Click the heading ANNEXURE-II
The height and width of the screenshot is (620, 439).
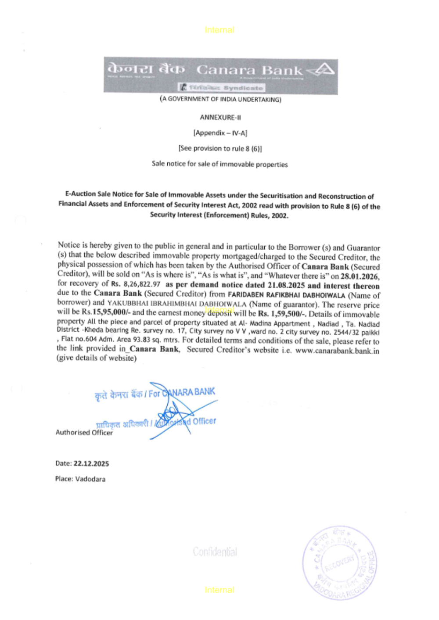(x=220, y=117)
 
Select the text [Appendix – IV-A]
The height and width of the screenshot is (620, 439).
(x=220, y=133)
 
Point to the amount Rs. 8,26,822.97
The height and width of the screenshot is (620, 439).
(x=135, y=284)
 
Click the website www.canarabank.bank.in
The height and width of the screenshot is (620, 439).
(x=337, y=351)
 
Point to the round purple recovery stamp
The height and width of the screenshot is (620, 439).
(x=339, y=563)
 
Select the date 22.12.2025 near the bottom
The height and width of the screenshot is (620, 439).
(x=91, y=463)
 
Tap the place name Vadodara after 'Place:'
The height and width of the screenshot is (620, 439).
(x=90, y=479)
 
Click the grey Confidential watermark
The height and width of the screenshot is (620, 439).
(x=215, y=552)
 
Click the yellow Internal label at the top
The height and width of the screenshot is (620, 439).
(x=219, y=30)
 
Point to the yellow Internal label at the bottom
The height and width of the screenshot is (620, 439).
(x=219, y=590)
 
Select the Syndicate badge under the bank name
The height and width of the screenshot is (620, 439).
(x=221, y=88)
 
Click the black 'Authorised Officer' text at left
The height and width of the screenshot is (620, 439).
(x=84, y=432)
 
